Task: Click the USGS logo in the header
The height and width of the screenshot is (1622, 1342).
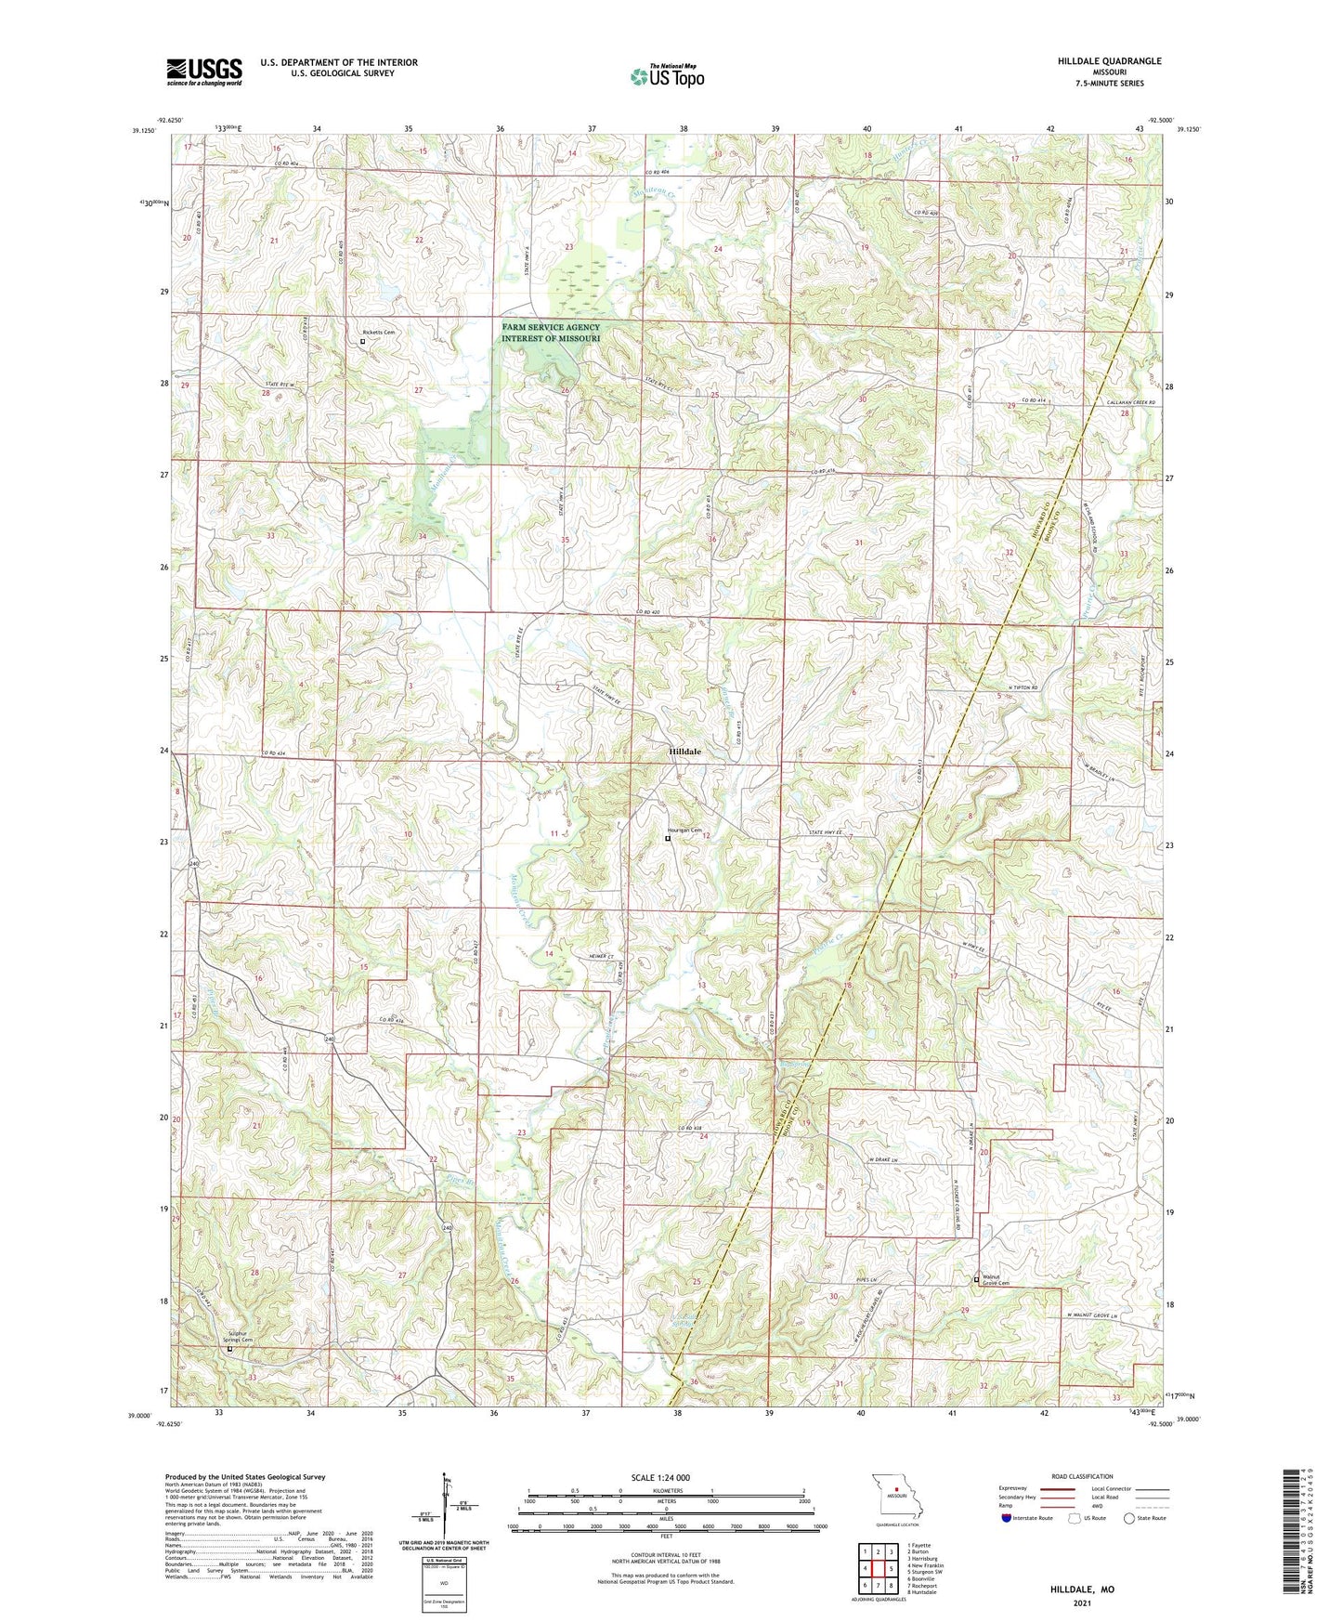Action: tap(203, 71)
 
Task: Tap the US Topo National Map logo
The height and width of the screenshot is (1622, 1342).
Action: tap(667, 75)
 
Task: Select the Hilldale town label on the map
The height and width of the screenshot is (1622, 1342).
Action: tap(684, 752)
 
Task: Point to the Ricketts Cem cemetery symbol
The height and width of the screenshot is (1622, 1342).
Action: tap(362, 341)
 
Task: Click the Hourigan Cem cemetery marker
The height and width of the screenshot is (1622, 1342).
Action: tap(667, 838)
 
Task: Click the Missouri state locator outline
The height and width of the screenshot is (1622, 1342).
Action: tap(896, 1499)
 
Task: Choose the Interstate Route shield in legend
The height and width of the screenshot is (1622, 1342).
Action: tap(1007, 1518)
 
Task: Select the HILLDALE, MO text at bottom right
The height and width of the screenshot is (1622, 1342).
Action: tap(1082, 1589)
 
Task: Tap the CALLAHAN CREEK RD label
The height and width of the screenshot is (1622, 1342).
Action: tap(1126, 402)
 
